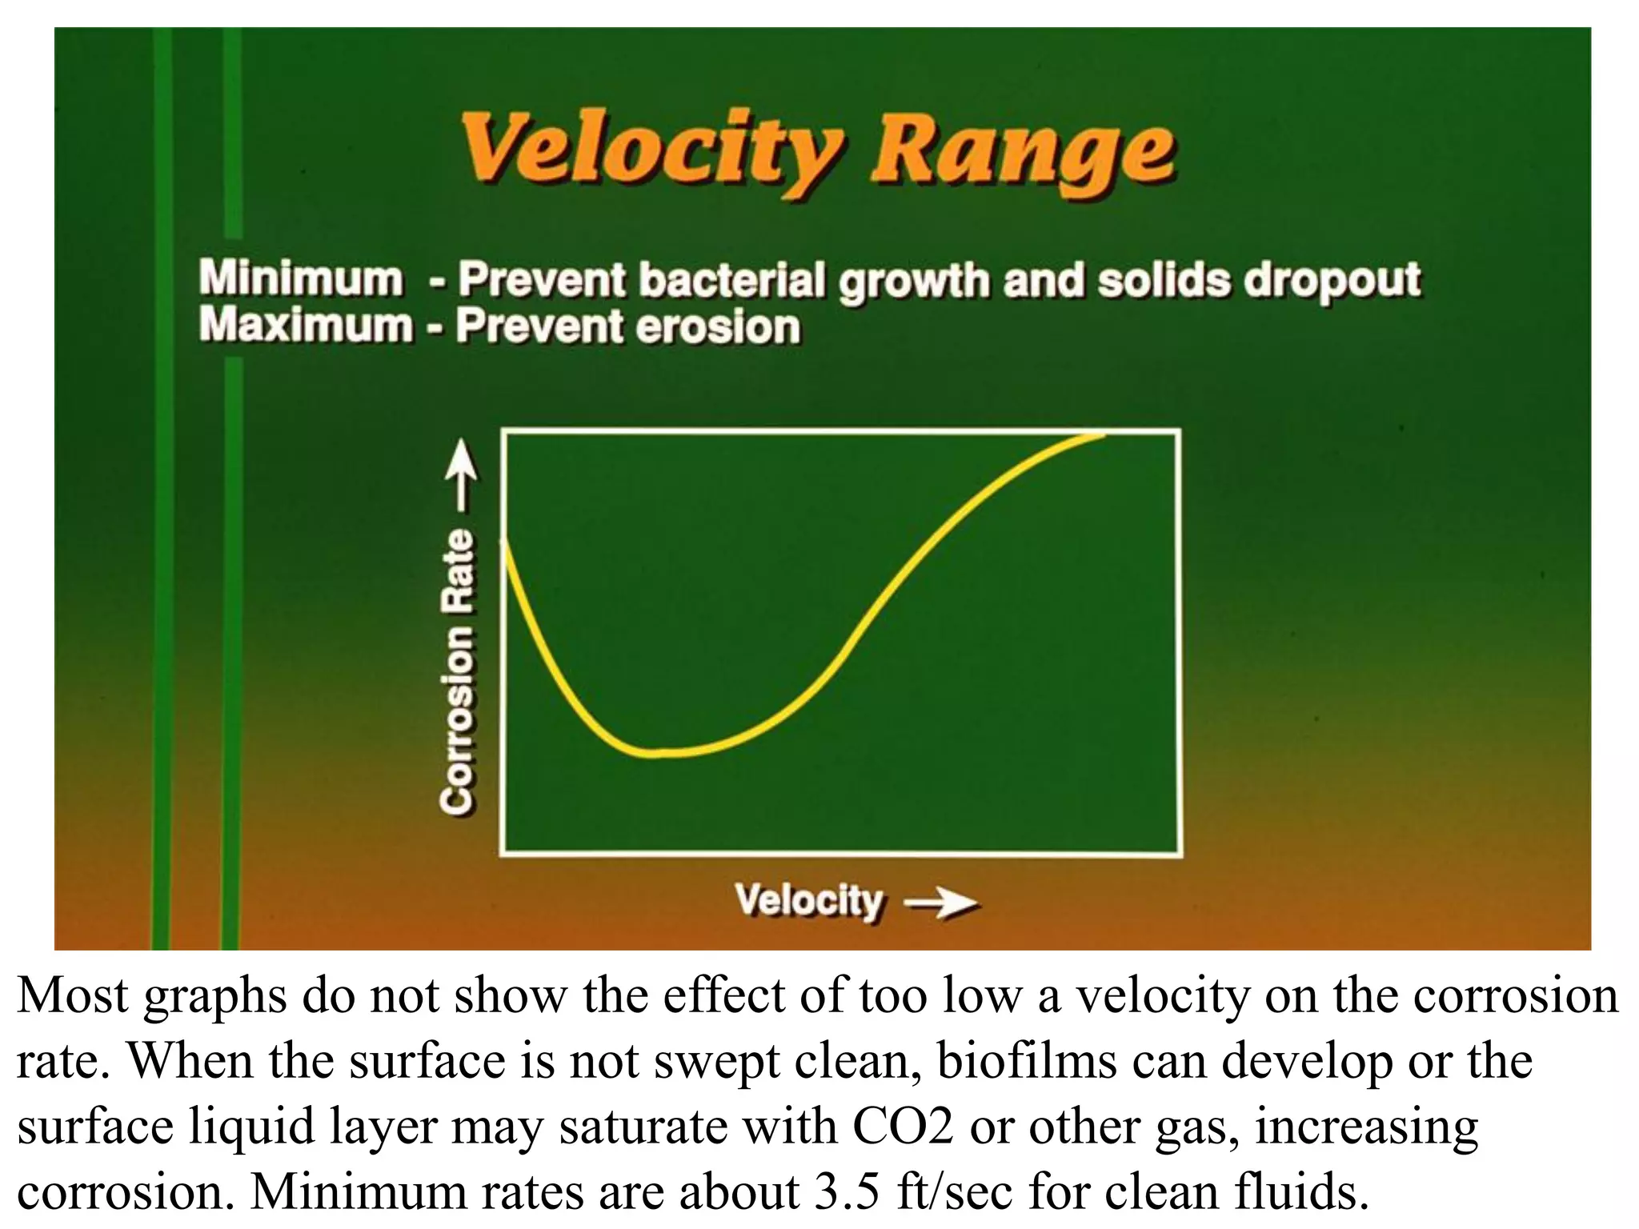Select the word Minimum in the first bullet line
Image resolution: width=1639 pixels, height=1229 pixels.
tap(301, 278)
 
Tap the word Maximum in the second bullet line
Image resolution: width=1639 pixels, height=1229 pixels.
tap(305, 326)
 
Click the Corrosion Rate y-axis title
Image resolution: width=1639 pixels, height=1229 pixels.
tap(459, 672)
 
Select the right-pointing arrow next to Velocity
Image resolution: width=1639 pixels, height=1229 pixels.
tap(940, 904)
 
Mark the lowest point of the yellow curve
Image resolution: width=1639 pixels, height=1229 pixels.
tap(656, 752)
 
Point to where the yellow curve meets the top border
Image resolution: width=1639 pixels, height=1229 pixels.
tap(1100, 434)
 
